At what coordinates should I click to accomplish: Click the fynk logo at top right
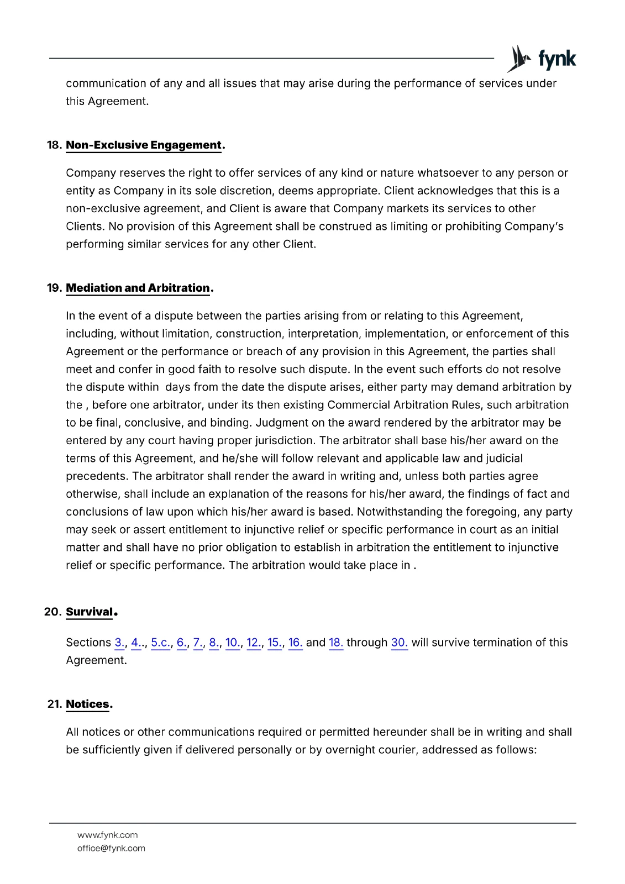pyautogui.click(x=542, y=59)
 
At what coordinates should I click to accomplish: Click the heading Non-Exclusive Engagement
pyautogui.click(x=144, y=145)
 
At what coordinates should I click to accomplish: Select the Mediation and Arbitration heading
pyautogui.click(x=138, y=288)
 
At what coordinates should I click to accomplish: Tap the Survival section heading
pyautogui.click(x=90, y=612)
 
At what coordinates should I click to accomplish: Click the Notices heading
pyautogui.click(x=88, y=704)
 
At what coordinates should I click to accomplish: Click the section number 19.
pyautogui.click(x=54, y=288)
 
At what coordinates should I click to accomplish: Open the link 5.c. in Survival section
pyautogui.click(x=161, y=643)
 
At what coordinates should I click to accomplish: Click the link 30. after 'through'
pyautogui.click(x=399, y=643)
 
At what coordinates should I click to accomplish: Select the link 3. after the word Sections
pyautogui.click(x=119, y=643)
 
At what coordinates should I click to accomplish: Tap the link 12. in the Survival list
pyautogui.click(x=254, y=643)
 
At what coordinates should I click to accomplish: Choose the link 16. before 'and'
pyautogui.click(x=295, y=643)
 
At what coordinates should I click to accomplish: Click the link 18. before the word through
pyautogui.click(x=336, y=643)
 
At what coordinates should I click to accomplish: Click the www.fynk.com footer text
pyautogui.click(x=108, y=835)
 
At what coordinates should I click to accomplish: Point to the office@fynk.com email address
pyautogui.click(x=111, y=848)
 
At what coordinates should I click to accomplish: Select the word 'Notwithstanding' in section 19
pyautogui.click(x=399, y=512)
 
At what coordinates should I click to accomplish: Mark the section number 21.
pyautogui.click(x=54, y=704)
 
